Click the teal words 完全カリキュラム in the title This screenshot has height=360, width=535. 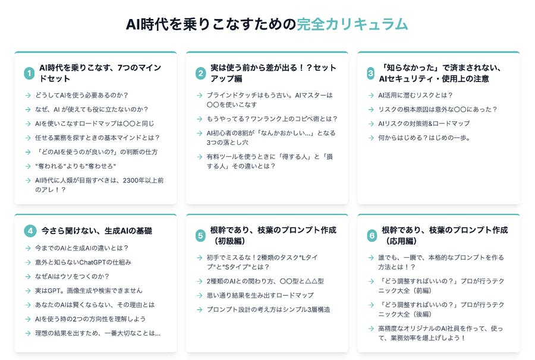point(352,24)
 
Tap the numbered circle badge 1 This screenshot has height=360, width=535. point(29,73)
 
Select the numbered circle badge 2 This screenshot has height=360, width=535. point(201,73)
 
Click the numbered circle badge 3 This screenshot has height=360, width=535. point(371,73)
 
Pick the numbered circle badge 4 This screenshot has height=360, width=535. point(30,231)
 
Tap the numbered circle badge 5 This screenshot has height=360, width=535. point(201,236)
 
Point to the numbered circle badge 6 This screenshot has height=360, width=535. point(372,236)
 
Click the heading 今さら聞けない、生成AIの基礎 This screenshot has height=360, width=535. point(97,231)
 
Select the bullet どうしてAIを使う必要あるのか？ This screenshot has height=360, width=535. point(81,95)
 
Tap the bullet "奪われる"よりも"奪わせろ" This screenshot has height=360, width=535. point(75,166)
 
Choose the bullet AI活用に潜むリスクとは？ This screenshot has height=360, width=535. point(416,95)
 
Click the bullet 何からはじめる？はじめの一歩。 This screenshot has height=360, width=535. point(424,138)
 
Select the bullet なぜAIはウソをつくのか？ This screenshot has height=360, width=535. point(73,276)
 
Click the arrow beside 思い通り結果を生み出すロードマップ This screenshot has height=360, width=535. point(200,296)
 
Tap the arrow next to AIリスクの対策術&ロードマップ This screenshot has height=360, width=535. point(371,124)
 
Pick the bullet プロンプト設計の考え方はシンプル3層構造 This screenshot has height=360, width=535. point(269,310)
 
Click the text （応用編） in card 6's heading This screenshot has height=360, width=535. point(401,241)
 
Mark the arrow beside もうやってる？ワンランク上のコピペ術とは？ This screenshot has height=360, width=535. point(200,119)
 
